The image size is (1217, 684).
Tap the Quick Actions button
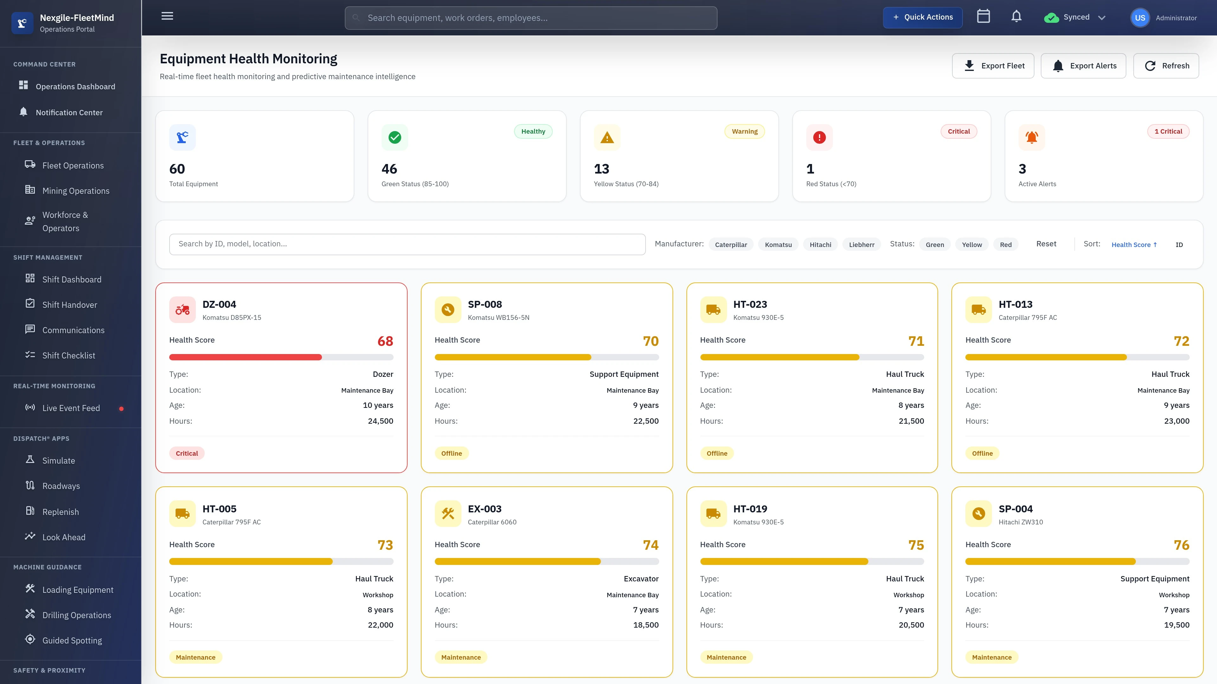point(922,17)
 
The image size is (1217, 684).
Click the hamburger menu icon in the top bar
point(167,16)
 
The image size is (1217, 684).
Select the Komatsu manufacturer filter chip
point(778,244)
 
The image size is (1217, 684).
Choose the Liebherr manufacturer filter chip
point(861,244)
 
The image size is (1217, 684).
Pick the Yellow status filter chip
point(971,244)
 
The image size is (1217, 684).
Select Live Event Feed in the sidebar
point(71,408)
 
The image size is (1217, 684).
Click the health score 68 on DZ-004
point(385,341)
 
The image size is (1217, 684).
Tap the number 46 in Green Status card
point(389,169)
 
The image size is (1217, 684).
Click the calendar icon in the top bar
point(983,16)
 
